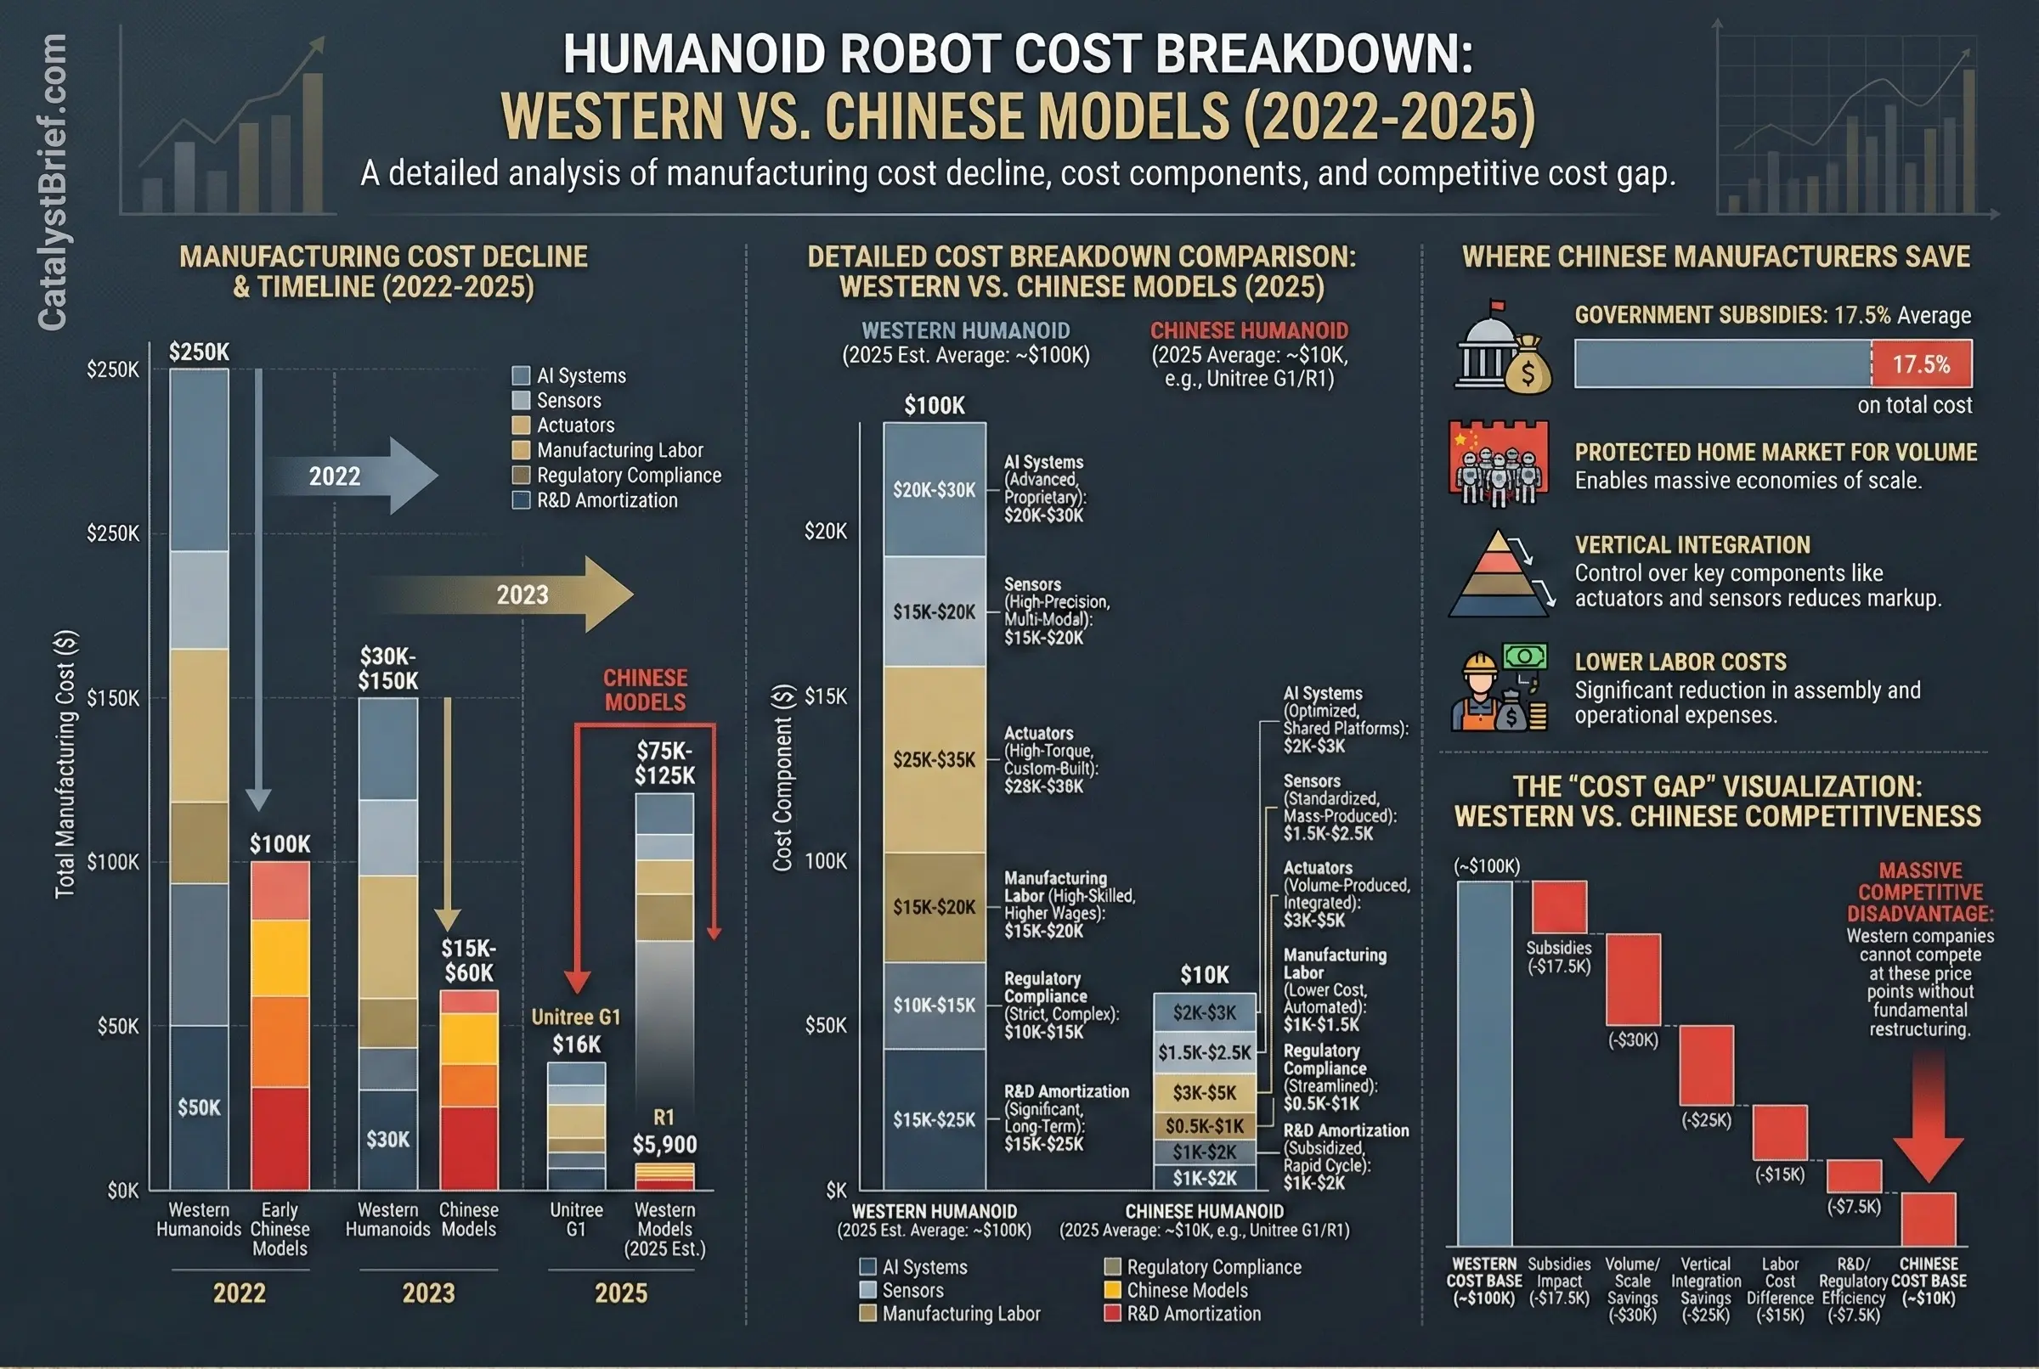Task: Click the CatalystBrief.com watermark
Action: click(x=52, y=183)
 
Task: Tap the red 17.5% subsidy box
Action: click(x=1920, y=363)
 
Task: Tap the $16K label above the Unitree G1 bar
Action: click(x=576, y=1044)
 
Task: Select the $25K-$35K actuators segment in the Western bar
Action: click(x=934, y=758)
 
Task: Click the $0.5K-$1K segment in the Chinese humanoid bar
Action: click(x=1204, y=1125)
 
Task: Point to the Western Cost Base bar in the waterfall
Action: click(x=1483, y=1062)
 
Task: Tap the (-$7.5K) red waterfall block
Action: click(x=1854, y=1175)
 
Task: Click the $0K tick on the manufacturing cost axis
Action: click(x=122, y=1191)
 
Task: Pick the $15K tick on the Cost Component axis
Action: click(x=825, y=696)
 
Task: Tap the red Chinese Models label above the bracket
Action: click(x=646, y=690)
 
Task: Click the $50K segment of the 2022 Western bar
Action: click(x=199, y=1107)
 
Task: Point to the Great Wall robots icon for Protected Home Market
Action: click(x=1499, y=463)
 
